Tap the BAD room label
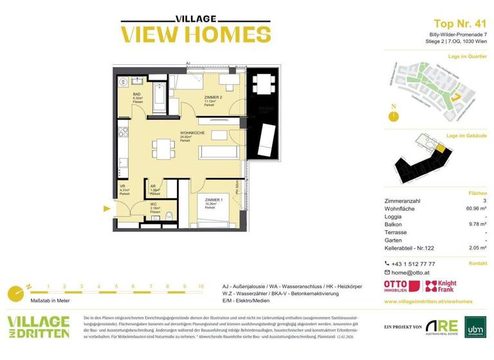[129, 94]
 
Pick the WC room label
[154, 205]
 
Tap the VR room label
[123, 186]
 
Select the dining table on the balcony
[262, 84]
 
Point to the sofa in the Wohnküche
[220, 152]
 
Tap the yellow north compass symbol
[392, 115]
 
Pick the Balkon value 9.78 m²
[477, 224]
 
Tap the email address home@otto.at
[414, 273]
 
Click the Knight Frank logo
[442, 287]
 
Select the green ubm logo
[471, 327]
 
